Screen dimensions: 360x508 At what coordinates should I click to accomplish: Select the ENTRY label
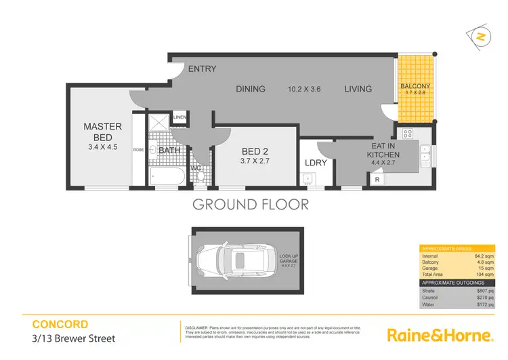(202, 68)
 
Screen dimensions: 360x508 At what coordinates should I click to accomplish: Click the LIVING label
(358, 89)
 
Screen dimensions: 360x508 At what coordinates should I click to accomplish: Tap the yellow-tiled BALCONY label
(415, 87)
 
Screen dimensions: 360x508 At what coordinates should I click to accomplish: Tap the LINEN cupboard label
(179, 117)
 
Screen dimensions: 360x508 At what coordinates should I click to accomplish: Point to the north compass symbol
(480, 37)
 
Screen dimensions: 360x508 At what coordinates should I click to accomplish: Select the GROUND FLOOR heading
(251, 204)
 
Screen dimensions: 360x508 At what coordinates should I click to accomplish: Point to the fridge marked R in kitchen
(377, 179)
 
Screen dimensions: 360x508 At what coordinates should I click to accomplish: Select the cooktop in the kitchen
(408, 134)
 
